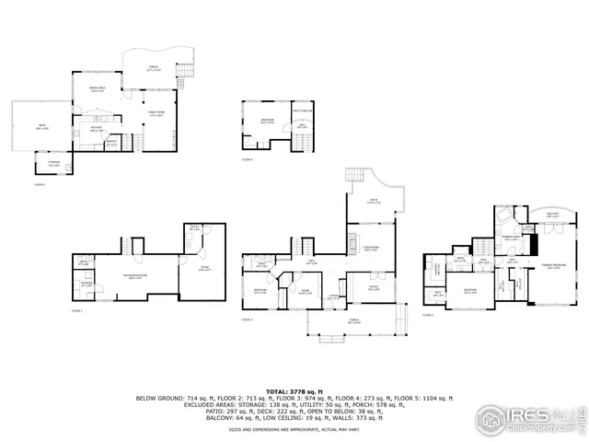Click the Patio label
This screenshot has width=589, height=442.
tap(41, 126)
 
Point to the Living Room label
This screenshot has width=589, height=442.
tap(370, 248)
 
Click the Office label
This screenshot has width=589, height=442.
tap(374, 287)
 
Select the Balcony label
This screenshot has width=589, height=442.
tap(554, 215)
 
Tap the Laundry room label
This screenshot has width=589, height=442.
tap(436, 271)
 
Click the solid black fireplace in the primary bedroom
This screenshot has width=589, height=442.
tap(532, 246)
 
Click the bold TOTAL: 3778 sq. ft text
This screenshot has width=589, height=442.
tap(294, 390)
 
